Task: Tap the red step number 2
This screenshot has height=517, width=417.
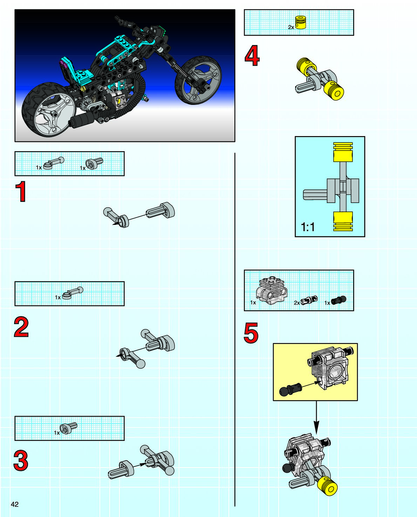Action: [x=21, y=327]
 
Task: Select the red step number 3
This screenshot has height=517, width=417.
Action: [x=21, y=461]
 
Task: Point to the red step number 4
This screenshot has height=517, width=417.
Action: [x=252, y=56]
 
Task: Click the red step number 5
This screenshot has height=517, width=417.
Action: [x=251, y=333]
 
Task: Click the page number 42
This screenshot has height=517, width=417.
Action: [x=14, y=504]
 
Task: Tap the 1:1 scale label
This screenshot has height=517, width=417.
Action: [x=308, y=227]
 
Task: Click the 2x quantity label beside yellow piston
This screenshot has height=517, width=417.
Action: [x=291, y=27]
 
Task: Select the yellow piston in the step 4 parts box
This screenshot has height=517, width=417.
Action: [x=301, y=22]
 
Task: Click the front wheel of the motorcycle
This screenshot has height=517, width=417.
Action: [x=198, y=80]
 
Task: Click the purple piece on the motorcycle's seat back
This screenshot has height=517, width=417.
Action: [x=63, y=63]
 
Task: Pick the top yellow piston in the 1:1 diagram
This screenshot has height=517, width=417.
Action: [x=343, y=152]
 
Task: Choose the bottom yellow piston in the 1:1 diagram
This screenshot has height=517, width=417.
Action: [x=343, y=221]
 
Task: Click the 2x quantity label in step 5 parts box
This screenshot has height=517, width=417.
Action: [x=297, y=303]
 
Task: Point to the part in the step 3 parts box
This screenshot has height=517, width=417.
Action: [x=68, y=428]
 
